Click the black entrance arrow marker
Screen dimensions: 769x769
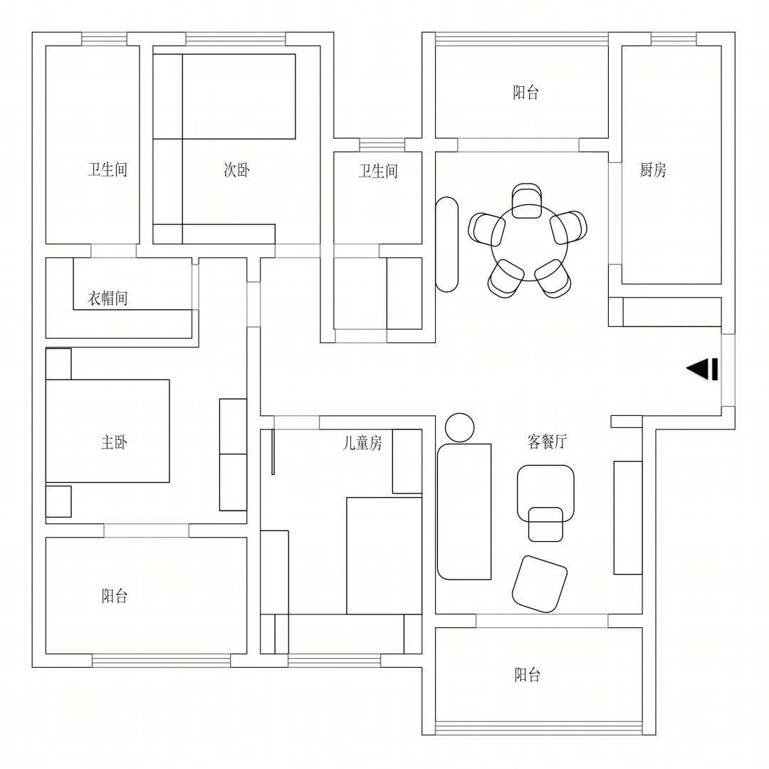point(702,369)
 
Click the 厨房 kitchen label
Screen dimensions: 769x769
point(653,170)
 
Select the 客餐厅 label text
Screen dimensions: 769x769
point(548,441)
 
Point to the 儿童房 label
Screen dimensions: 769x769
point(362,443)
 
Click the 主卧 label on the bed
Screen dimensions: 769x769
point(114,442)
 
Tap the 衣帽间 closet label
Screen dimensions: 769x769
point(108,298)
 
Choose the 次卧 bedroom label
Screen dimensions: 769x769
point(237,170)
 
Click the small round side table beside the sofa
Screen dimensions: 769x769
point(459,428)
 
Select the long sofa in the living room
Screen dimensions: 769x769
point(464,511)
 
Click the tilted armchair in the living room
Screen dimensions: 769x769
point(540,584)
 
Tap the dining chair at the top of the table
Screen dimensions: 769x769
point(526,200)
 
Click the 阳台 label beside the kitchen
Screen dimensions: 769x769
point(526,93)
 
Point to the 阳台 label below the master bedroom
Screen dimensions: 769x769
point(115,597)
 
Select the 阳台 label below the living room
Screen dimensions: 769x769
point(528,675)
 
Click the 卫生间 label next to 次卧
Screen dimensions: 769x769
point(108,170)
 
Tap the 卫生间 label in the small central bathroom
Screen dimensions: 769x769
point(378,171)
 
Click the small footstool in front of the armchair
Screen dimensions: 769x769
point(545,524)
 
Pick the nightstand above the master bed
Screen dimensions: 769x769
point(58,364)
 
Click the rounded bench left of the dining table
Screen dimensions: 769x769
point(446,244)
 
